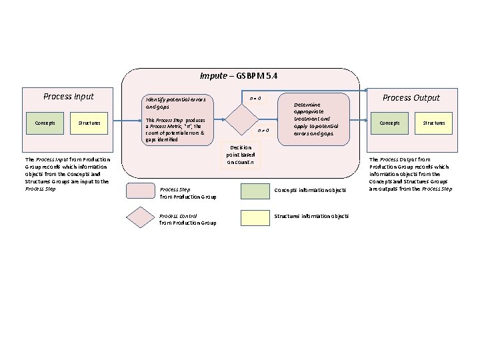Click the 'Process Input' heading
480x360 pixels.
(69, 97)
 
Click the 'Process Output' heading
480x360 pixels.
(411, 97)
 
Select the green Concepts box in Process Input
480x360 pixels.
(45, 123)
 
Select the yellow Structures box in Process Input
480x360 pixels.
(89, 123)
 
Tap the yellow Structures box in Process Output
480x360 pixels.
(433, 123)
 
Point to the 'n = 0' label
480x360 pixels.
(255, 99)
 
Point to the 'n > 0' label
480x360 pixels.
(263, 130)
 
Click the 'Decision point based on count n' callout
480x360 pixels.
(240, 155)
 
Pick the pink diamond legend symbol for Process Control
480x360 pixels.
(140, 218)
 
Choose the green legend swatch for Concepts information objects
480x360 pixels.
(255, 191)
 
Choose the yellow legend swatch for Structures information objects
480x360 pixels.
(255, 217)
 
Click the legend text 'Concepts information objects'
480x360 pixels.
(311, 191)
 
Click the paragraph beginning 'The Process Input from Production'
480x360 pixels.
(67, 174)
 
